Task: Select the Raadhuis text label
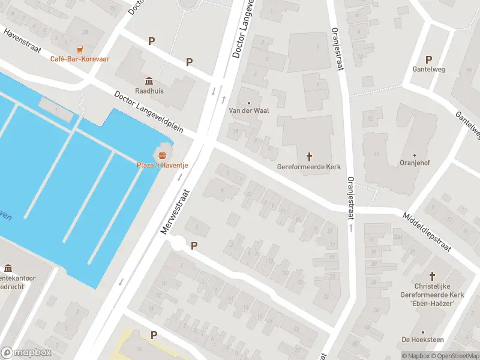pos(148,91)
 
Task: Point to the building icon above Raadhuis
pos(148,81)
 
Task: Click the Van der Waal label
pos(248,111)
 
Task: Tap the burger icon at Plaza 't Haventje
pos(162,155)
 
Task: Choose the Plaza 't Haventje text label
pos(162,166)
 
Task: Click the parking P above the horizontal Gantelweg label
pos(428,59)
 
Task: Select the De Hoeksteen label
pos(422,340)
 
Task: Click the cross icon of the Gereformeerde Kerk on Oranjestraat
pos(310,157)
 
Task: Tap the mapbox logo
pos(26,353)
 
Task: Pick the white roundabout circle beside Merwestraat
pos(178,244)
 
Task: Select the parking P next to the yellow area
pos(154,335)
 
